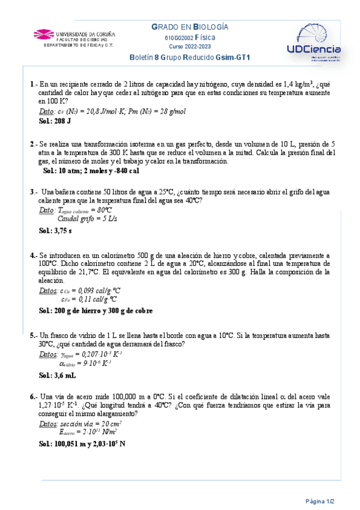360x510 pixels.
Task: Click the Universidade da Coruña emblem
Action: (x=44, y=35)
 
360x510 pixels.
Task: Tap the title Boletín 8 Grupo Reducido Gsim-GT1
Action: (x=190, y=57)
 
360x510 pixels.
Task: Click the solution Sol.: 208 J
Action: (x=55, y=121)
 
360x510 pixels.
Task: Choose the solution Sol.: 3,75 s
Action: (x=55, y=230)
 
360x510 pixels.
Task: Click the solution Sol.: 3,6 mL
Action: (x=57, y=375)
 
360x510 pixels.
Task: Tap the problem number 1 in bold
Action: (x=32, y=85)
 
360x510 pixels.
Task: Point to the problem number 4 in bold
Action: (x=32, y=256)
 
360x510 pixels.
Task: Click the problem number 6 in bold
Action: (x=32, y=397)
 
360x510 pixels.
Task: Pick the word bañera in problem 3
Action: (x=60, y=192)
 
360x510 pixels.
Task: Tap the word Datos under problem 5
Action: (x=48, y=354)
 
